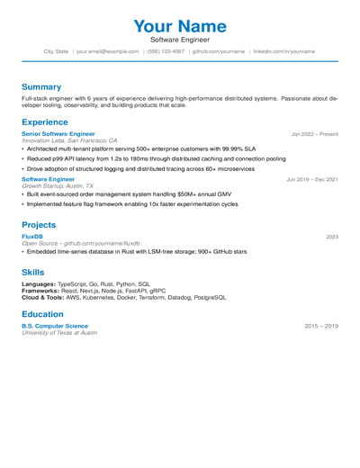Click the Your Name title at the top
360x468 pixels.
(x=179, y=27)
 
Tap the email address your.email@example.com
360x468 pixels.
(x=108, y=51)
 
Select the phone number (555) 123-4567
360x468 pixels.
(x=166, y=51)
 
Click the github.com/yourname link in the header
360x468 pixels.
(x=219, y=51)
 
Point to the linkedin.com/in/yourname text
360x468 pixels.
(x=283, y=51)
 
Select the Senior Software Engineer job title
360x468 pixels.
(x=58, y=133)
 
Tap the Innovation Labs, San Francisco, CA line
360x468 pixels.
(x=69, y=140)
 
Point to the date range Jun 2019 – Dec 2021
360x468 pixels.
(x=312, y=179)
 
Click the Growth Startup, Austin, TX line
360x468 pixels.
(x=58, y=186)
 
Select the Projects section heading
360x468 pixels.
(x=39, y=224)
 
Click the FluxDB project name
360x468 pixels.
(x=31, y=236)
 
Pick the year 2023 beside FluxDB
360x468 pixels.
(x=332, y=236)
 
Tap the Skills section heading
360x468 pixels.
(x=32, y=271)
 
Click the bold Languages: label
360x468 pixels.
(x=40, y=284)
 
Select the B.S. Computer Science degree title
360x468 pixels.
(x=55, y=326)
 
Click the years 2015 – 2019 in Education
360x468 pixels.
(x=321, y=326)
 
